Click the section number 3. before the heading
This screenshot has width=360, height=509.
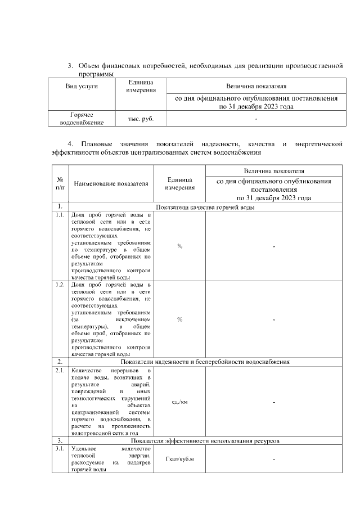coord(70,66)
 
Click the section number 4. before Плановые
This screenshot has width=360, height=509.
coord(70,145)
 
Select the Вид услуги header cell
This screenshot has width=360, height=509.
coord(82,87)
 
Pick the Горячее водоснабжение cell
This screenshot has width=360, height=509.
coord(81,119)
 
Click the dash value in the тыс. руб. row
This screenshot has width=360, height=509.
coord(256,119)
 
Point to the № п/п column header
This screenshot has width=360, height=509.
coord(60,183)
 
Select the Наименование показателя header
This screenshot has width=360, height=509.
coord(111,183)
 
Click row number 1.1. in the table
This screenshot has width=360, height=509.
coord(60,215)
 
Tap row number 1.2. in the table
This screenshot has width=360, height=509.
coord(60,285)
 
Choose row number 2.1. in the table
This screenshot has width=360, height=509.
coord(60,371)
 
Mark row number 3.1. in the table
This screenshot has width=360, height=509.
coord(60,449)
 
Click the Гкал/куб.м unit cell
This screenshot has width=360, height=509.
coord(179,460)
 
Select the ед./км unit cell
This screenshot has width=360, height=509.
coord(179,402)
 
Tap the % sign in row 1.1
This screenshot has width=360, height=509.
coord(179,246)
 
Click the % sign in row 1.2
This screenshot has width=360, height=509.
coord(179,319)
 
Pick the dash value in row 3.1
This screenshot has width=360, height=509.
coord(274,460)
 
